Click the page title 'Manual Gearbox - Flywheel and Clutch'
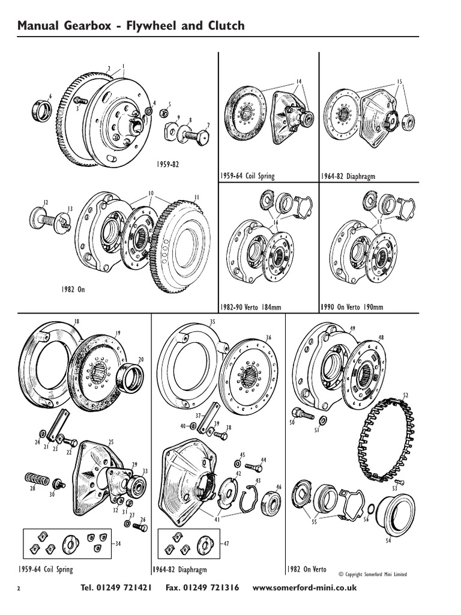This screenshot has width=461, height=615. pos(131,25)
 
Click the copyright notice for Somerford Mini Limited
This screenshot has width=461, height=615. pos(373,575)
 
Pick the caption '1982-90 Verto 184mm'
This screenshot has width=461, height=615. pos(252,307)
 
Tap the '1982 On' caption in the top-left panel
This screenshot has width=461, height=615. pos(73,289)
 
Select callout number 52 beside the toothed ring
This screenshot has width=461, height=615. pos(405,395)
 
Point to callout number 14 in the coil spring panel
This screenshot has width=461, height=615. pos(298,81)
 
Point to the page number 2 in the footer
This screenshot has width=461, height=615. pos(19,589)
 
